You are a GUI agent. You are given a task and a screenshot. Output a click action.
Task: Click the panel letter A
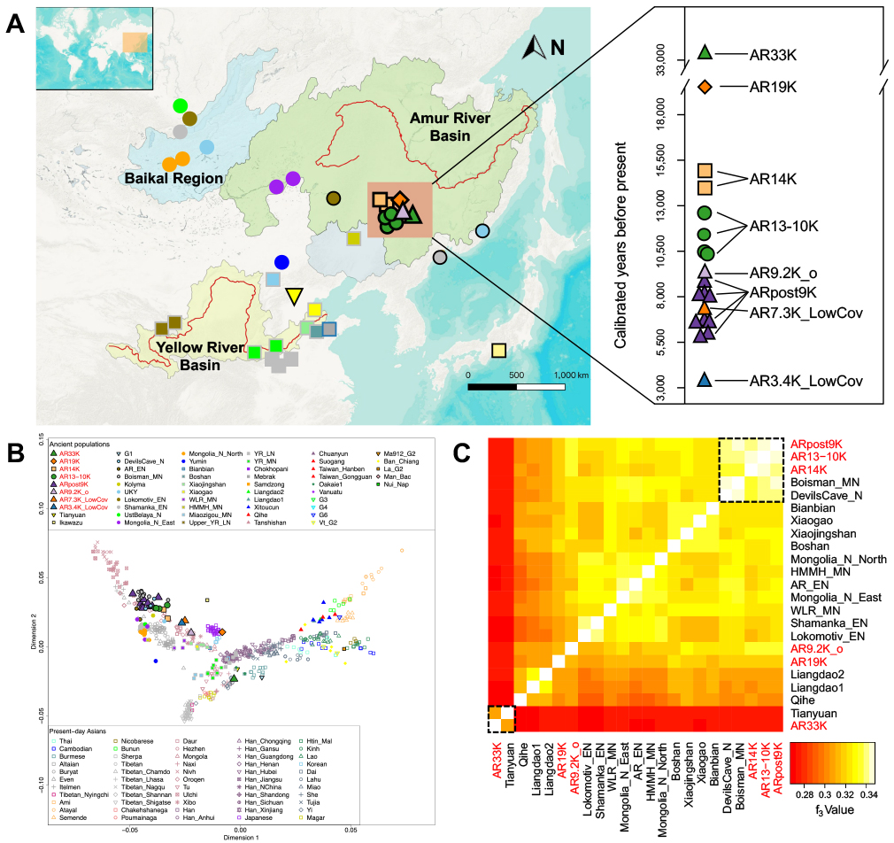tap(15, 23)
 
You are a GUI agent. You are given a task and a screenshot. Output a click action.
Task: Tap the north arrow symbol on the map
tap(532, 49)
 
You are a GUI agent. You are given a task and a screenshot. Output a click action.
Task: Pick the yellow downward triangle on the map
tap(294, 296)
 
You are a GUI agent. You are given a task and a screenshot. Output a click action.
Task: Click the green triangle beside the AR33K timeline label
tap(705, 53)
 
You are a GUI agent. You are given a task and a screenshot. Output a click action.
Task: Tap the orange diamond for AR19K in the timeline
tap(705, 87)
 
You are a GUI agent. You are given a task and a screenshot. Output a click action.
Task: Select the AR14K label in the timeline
tap(773, 179)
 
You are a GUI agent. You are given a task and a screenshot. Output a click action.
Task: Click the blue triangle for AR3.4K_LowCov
tap(705, 380)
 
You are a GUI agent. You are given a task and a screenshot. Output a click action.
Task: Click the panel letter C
tap(461, 452)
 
